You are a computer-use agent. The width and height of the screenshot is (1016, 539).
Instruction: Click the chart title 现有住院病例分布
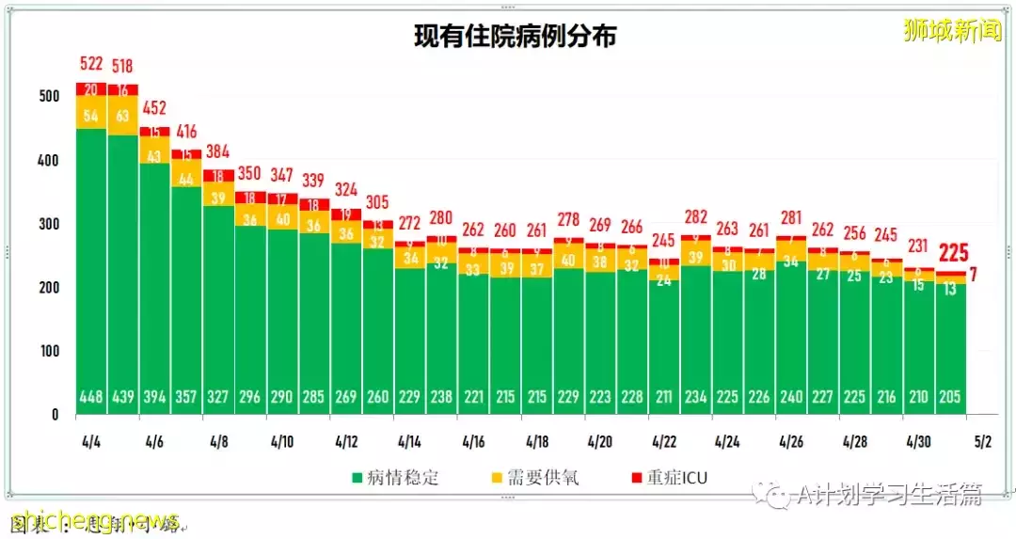pos(516,37)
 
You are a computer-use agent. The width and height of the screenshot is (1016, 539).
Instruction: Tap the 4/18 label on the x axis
pos(537,440)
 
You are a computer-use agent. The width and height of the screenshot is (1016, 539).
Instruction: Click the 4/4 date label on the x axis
pos(91,440)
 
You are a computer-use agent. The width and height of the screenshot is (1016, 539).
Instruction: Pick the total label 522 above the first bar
pos(90,64)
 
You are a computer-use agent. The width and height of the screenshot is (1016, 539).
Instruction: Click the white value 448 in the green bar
pos(91,397)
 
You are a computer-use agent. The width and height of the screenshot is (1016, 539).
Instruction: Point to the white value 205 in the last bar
pos(949,397)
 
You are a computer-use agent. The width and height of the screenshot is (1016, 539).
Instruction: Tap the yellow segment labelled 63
pos(122,115)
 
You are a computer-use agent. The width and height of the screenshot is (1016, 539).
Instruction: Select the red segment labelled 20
pos(91,89)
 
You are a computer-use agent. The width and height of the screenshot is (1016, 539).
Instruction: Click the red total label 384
pos(218,151)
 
